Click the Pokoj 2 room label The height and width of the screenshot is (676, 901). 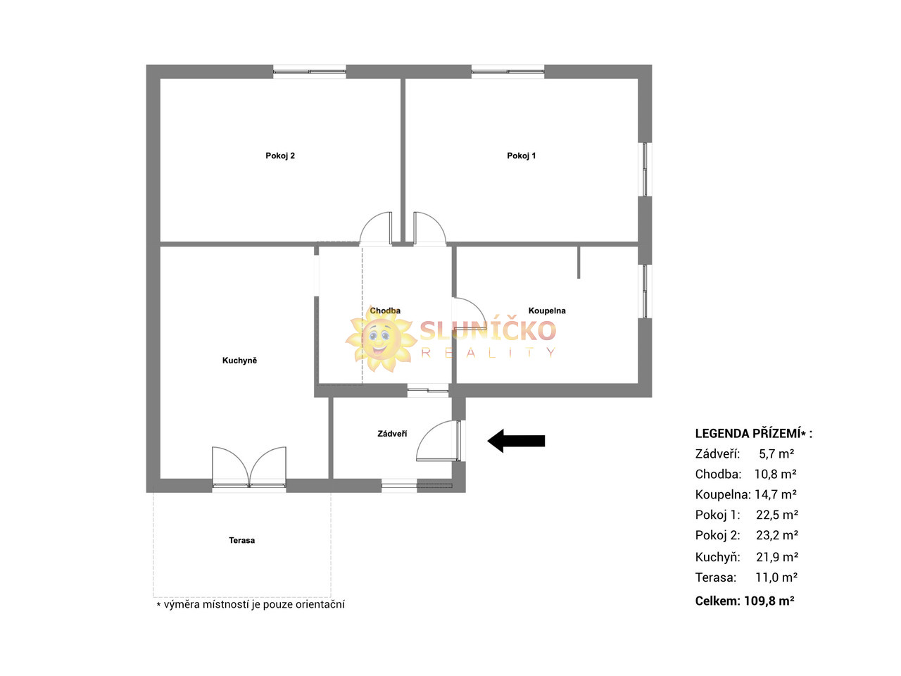279,156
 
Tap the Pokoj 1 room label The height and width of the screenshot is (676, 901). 521,156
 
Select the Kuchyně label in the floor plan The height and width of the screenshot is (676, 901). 239,360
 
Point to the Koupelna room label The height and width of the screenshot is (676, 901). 547,311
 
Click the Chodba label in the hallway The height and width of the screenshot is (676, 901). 384,311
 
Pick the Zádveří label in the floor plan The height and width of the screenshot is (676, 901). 392,434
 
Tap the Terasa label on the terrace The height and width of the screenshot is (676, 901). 241,540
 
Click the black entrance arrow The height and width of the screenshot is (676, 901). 516,441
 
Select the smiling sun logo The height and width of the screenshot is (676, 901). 381,339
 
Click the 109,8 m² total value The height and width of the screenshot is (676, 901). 769,601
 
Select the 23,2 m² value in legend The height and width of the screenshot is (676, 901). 777,535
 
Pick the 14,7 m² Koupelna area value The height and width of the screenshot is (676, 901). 776,494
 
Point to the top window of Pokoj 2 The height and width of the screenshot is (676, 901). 310,72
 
